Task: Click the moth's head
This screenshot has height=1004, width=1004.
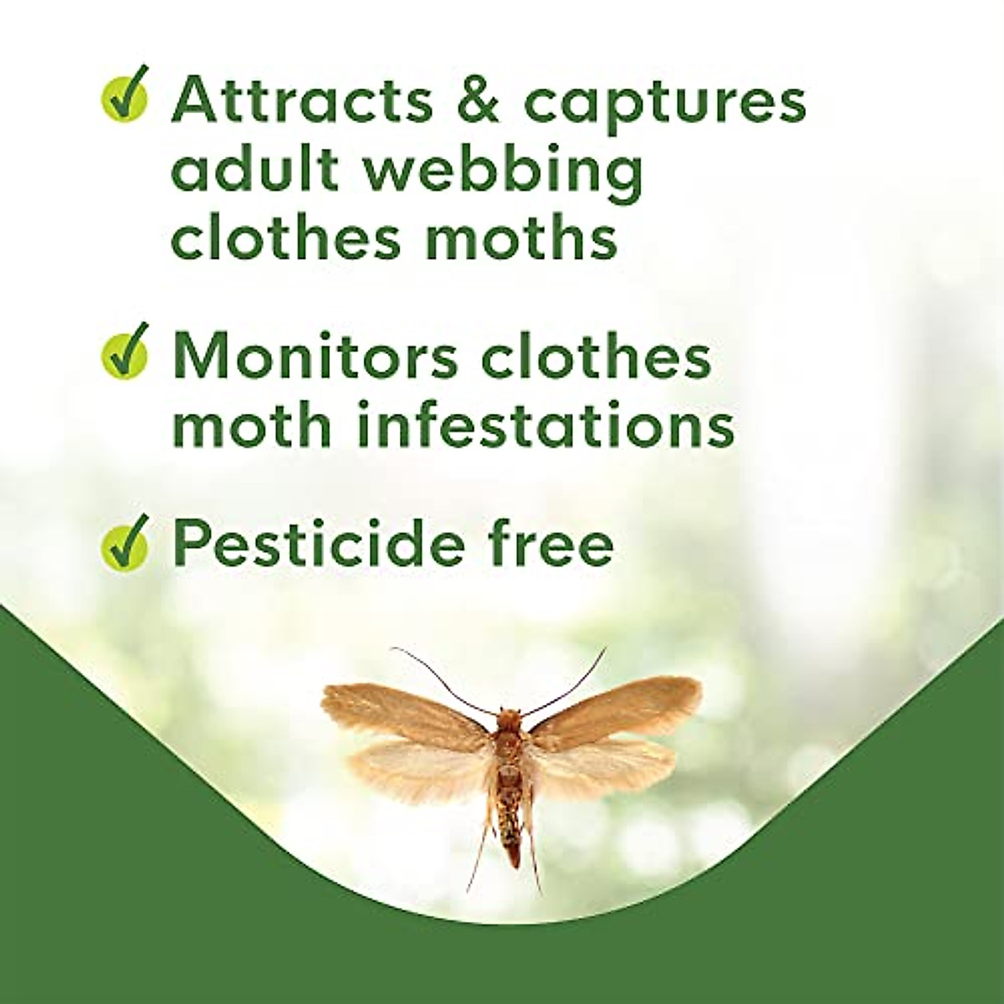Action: coord(507,718)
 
